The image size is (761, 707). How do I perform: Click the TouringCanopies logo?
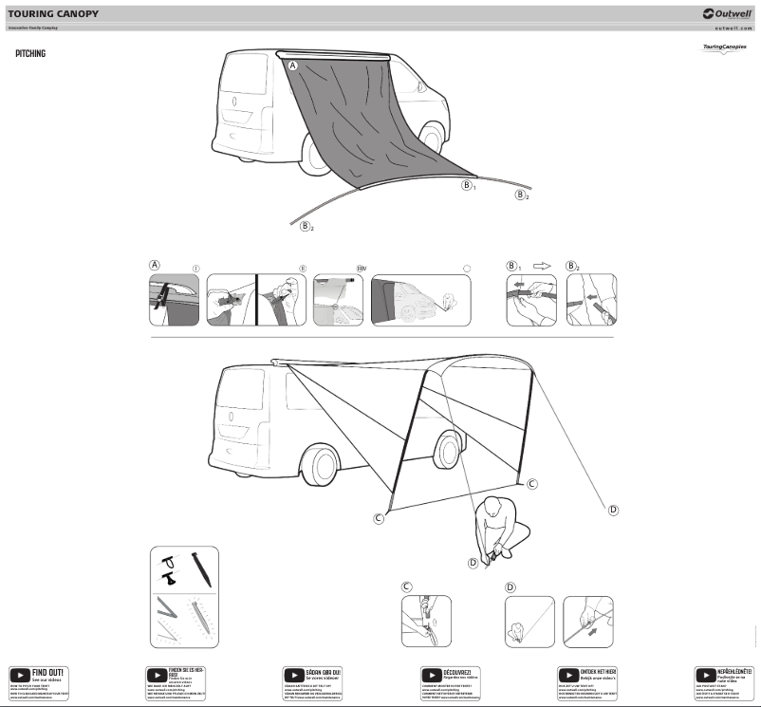[x=718, y=47]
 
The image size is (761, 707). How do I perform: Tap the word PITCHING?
[x=30, y=54]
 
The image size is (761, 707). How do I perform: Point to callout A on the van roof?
[x=292, y=65]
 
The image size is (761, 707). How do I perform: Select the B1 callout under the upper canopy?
[x=468, y=185]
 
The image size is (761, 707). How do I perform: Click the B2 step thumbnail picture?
[x=591, y=301]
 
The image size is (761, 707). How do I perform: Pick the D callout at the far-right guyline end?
[x=613, y=510]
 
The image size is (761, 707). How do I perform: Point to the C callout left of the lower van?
[x=379, y=518]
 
